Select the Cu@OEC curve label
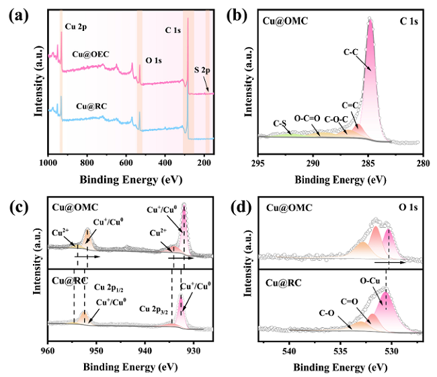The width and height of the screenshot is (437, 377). (x=91, y=54)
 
